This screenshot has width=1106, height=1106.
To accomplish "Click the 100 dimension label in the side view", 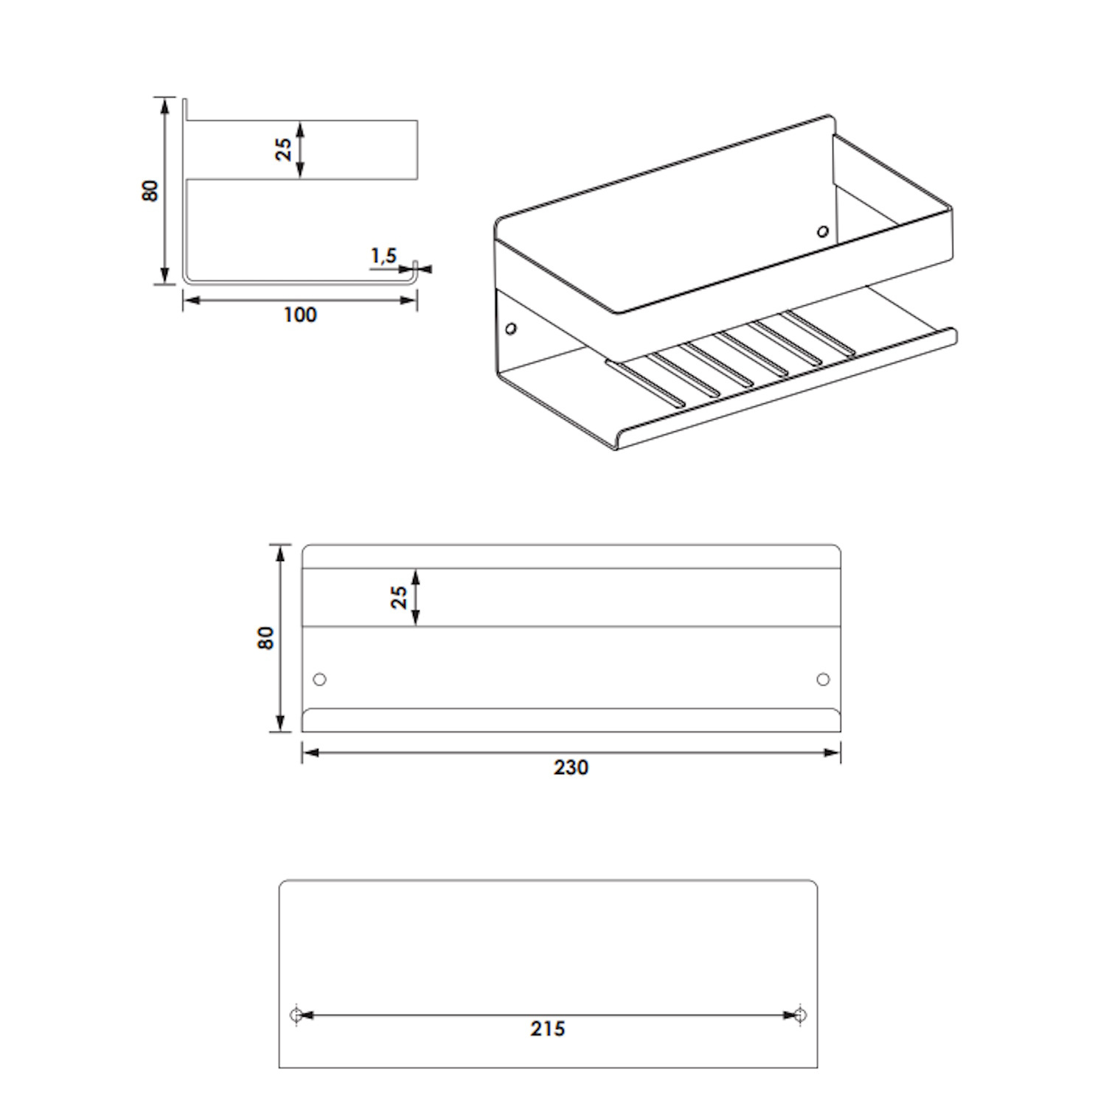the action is [x=300, y=315].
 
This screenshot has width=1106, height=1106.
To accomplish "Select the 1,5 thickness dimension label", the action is [x=383, y=257].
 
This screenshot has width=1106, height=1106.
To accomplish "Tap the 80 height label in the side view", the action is [x=150, y=190].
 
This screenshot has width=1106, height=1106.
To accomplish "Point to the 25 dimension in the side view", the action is [x=283, y=150].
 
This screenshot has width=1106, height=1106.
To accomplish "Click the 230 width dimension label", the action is [x=571, y=768].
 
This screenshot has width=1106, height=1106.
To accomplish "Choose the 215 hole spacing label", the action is [x=548, y=1029].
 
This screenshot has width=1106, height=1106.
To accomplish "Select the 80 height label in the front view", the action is [x=265, y=638].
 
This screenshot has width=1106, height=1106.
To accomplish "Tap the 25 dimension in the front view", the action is [x=399, y=597].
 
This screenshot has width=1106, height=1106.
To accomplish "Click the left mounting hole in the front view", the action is [x=319, y=679].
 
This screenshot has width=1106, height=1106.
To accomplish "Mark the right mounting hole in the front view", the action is [x=823, y=679].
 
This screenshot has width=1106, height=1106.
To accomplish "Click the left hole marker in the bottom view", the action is [x=296, y=1015].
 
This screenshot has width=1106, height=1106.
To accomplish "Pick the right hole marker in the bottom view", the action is [x=801, y=1015].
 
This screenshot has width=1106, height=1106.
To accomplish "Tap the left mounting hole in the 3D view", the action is [x=510, y=327].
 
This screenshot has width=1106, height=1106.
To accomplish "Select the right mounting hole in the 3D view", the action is [x=823, y=232].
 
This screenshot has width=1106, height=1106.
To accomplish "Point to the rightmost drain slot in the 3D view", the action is [x=819, y=333].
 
